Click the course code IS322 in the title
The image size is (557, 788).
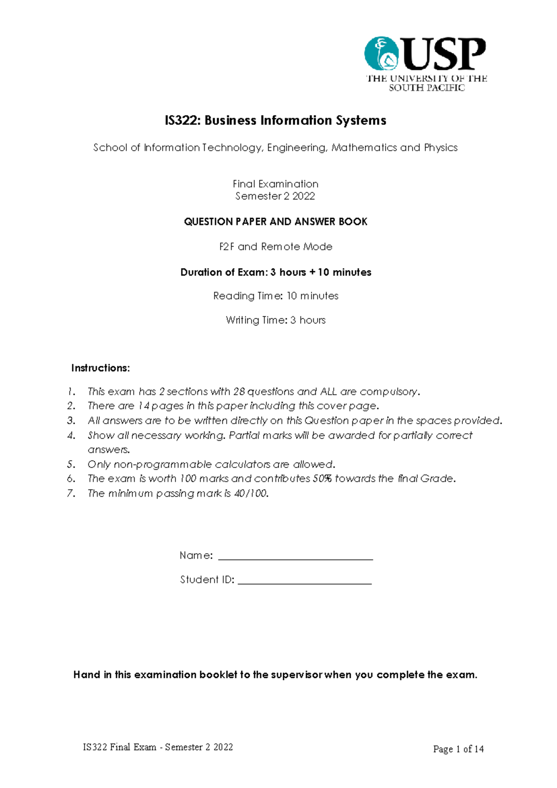pos(182,121)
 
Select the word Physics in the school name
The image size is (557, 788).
pos(440,148)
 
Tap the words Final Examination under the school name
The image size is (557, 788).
pos(275,184)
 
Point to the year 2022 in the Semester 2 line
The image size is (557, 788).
pos(304,196)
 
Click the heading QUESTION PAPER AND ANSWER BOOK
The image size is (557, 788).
pos(275,222)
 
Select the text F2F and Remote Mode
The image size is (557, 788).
pos(275,247)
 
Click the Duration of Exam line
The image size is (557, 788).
pos(275,272)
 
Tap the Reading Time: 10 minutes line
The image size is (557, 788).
pos(275,296)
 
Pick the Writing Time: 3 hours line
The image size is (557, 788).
pos(275,320)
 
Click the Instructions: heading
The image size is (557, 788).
pos(100,368)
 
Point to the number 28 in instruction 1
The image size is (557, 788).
pos(239,392)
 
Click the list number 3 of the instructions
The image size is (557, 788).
pos(71,421)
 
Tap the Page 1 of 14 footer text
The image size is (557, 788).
pos(458,749)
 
